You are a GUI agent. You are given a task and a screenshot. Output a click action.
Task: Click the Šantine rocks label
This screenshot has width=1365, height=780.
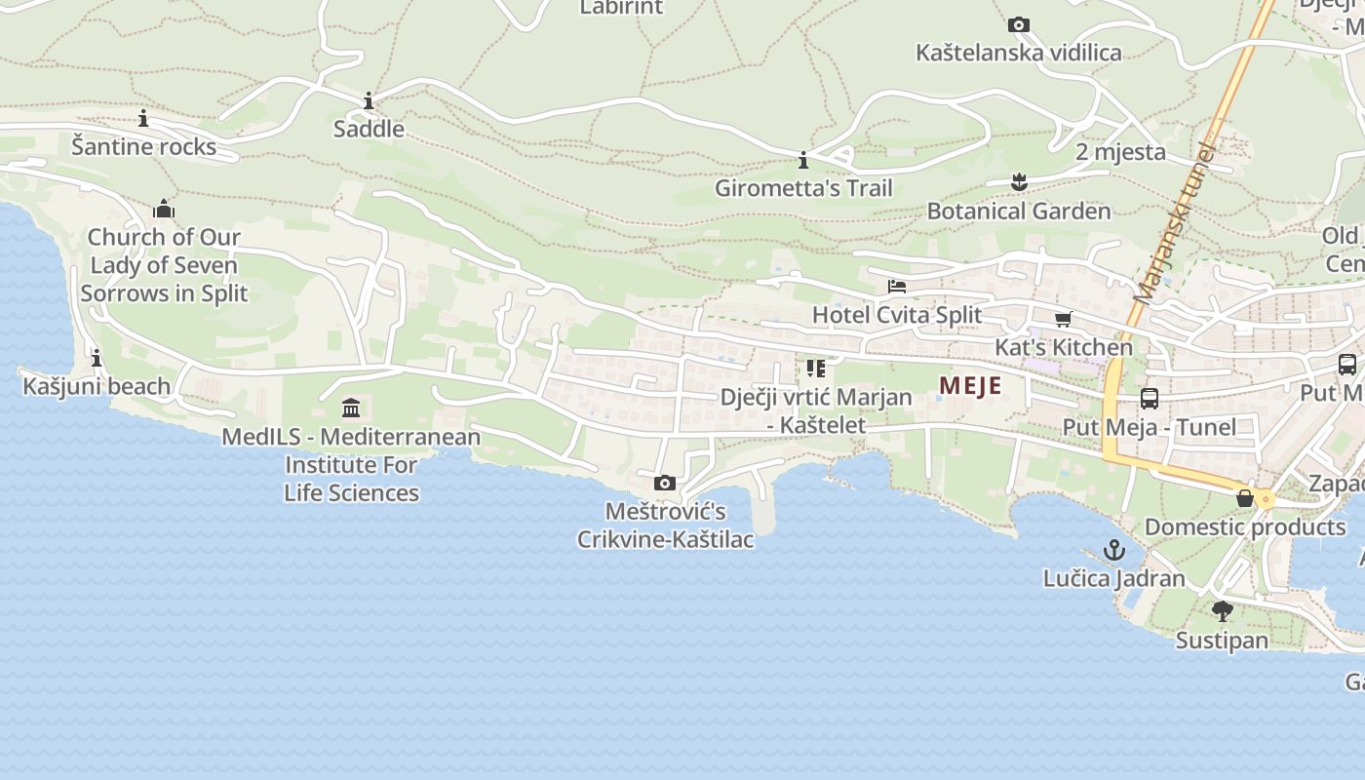point(143,146)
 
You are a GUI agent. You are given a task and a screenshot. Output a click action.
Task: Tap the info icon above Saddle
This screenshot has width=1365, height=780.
point(369,100)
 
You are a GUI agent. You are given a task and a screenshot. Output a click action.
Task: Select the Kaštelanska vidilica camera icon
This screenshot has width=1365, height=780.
point(1019,25)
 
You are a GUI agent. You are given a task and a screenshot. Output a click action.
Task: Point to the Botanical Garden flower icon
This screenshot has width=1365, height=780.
point(1019,182)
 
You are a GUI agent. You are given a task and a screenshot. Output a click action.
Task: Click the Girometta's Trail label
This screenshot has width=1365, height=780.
point(803,188)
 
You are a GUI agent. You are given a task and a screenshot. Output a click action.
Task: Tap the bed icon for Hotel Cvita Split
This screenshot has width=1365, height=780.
point(897,287)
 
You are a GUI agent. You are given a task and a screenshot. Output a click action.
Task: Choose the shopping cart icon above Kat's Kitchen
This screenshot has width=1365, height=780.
point(1063,319)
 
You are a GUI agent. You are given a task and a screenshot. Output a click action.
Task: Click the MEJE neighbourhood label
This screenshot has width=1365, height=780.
point(970,386)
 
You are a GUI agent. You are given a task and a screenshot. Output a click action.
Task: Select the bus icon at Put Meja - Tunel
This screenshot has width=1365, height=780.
point(1150,399)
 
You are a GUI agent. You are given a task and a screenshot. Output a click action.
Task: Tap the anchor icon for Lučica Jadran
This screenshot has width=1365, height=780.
point(1114,550)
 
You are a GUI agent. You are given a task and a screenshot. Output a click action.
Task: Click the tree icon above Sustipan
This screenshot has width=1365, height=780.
point(1222,611)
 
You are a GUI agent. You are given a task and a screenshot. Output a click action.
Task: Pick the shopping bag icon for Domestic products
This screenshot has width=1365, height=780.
point(1245,498)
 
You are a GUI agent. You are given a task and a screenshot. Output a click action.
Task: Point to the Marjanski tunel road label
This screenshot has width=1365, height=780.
point(1174,224)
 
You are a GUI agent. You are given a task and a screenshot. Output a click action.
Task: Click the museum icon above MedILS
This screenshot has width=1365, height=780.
point(351,408)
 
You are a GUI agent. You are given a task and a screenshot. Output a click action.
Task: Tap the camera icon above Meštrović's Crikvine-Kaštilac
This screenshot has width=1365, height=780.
point(665,483)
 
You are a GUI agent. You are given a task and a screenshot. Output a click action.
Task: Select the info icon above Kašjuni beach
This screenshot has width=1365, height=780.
point(97,359)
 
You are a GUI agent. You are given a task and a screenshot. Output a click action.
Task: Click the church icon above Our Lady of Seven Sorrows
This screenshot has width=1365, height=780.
point(164,209)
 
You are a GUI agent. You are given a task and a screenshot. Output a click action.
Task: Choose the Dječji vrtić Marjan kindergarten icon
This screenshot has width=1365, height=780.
point(816,369)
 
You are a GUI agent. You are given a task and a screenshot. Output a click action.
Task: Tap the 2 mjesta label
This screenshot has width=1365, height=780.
point(1120,152)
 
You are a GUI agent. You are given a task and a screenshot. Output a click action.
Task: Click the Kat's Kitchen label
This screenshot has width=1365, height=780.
point(1063,347)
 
